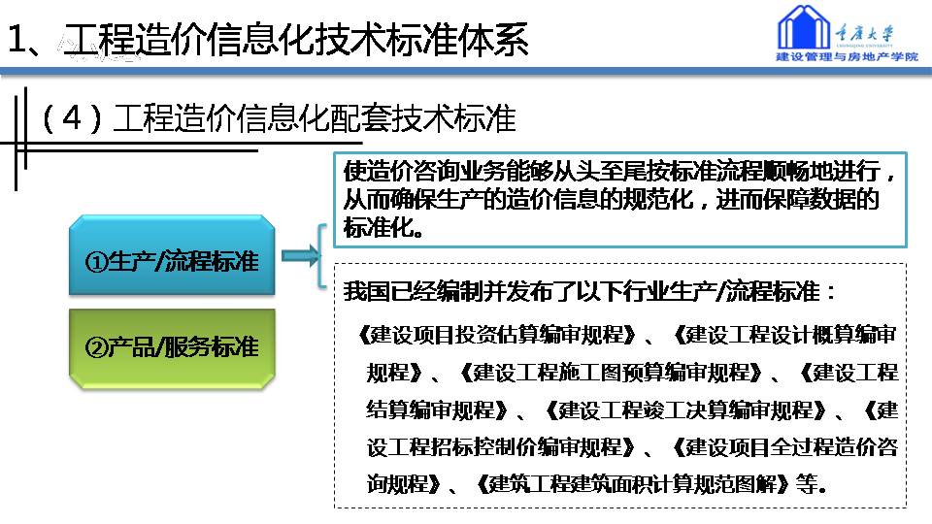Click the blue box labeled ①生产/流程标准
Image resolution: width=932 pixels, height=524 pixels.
coord(172,255)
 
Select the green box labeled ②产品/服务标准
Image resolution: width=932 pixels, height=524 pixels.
coord(172,348)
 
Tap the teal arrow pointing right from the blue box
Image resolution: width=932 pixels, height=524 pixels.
coord(300,256)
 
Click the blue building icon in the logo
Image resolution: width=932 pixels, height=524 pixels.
coord(804,27)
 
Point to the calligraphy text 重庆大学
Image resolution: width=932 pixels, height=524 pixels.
coord(864,33)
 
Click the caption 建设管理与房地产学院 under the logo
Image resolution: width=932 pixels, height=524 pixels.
coord(847,57)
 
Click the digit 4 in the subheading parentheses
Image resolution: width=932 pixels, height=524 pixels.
coord(71,118)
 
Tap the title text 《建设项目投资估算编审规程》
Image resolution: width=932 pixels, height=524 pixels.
coord(497,335)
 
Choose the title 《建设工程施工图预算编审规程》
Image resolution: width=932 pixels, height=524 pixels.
coord(612,373)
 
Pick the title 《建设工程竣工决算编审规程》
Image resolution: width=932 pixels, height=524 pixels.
coord(686,410)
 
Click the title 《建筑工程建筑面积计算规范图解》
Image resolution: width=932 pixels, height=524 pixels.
coord(634,485)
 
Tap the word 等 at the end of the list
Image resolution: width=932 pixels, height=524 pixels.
coord(807,485)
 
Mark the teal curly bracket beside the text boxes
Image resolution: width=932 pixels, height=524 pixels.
coord(321,256)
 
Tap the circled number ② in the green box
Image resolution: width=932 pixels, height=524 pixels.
coord(96,348)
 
